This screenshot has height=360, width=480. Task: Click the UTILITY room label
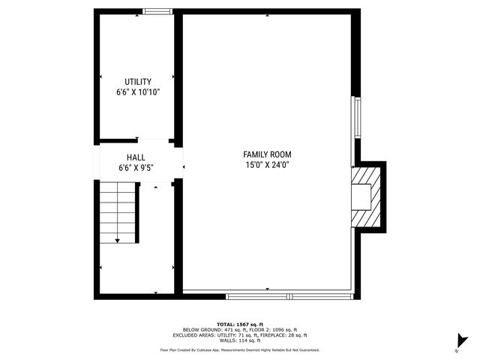click(138, 82)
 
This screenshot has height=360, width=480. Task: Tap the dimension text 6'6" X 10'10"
click(138, 92)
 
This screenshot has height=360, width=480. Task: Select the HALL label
click(136, 157)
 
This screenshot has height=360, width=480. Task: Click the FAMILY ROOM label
click(266, 154)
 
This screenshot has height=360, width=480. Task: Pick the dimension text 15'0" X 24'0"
click(266, 164)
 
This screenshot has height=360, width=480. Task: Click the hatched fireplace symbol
click(367, 196)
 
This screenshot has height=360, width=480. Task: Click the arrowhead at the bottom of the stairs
click(118, 240)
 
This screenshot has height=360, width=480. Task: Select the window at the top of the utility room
click(156, 11)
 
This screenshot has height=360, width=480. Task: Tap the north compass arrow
click(463, 341)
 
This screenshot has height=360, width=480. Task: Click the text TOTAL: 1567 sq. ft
click(240, 324)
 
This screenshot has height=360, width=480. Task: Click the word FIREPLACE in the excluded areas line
click(274, 335)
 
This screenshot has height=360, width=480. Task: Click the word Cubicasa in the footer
click(212, 349)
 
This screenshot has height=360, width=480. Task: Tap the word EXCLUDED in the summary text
click(185, 335)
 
